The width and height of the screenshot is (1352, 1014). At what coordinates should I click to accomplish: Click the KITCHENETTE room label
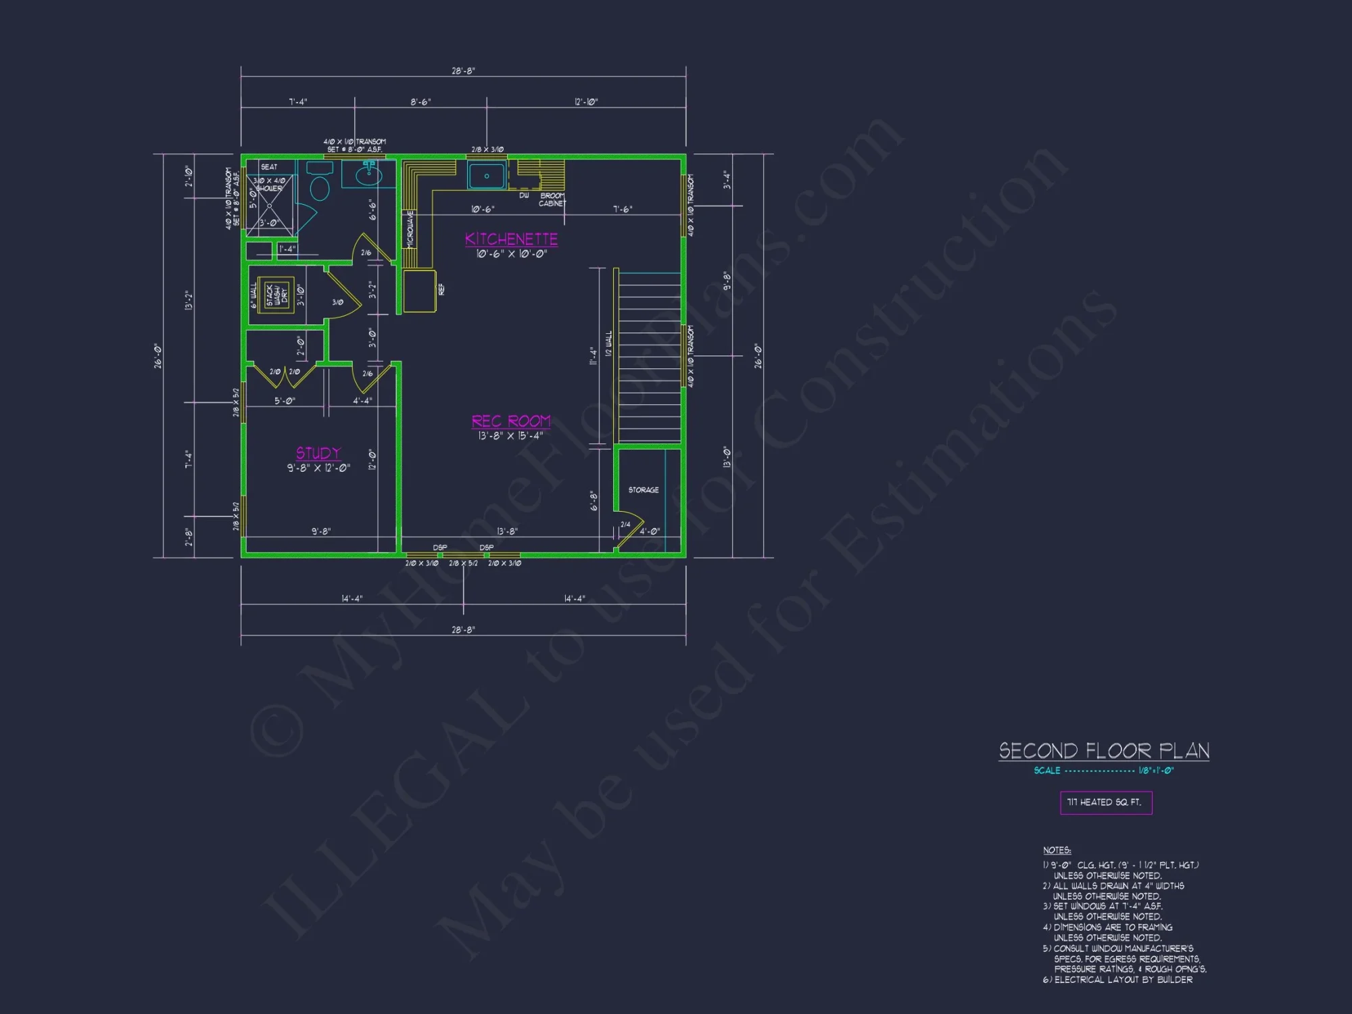(x=511, y=239)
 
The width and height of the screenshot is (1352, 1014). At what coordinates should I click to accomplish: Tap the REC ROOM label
(x=511, y=422)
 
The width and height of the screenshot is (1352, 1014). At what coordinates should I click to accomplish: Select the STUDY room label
(x=318, y=454)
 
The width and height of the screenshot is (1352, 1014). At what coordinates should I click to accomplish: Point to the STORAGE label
(x=644, y=490)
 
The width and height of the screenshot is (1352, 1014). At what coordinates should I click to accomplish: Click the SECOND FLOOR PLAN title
(x=1104, y=751)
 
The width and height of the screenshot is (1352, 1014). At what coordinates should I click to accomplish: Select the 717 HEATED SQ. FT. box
(x=1105, y=802)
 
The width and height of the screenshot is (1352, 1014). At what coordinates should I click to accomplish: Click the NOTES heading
(x=1057, y=850)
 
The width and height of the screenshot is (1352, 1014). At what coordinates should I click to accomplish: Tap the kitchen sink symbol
(x=487, y=176)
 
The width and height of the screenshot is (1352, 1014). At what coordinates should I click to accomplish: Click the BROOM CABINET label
(x=552, y=199)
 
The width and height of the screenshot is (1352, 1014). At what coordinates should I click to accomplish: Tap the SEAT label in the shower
(x=269, y=167)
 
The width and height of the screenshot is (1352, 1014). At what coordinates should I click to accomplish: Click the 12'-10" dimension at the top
(x=586, y=102)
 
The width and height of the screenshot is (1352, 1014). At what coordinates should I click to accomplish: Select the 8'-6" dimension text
(x=420, y=102)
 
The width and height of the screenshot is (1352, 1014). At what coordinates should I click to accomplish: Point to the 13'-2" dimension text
(x=189, y=301)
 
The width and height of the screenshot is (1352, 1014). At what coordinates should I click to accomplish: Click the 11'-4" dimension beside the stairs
(x=593, y=356)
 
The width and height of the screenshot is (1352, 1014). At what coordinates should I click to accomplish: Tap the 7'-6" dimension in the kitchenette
(x=623, y=210)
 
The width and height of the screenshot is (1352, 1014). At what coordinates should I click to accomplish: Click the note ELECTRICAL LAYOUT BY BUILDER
(x=1123, y=980)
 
